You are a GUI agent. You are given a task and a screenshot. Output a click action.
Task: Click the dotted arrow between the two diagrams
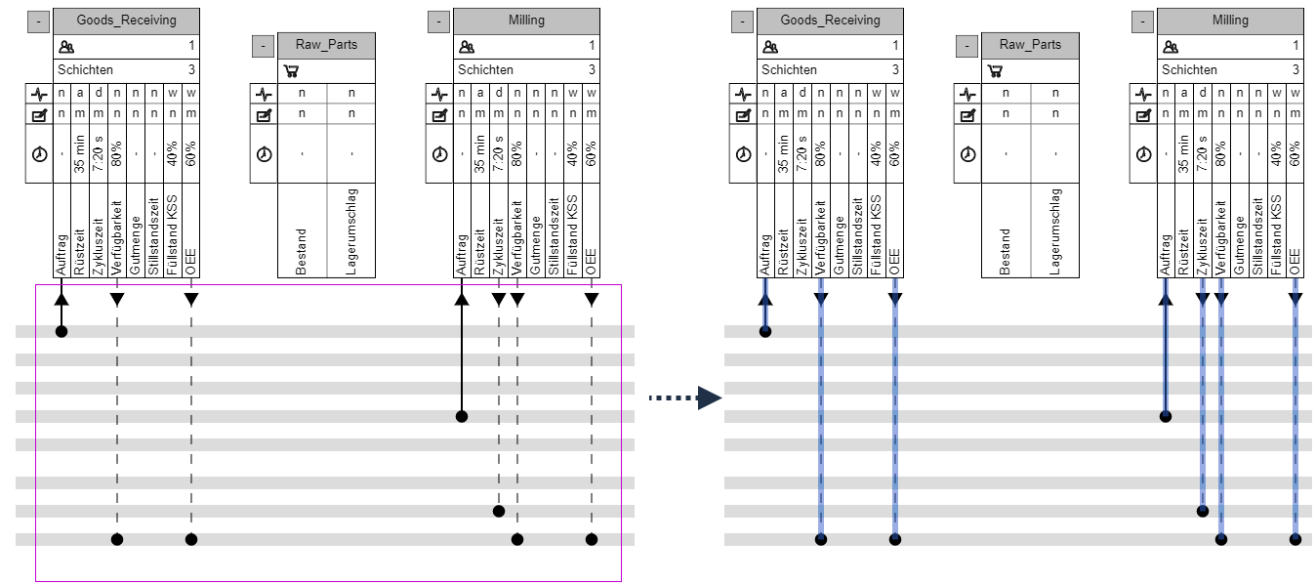coord(684,397)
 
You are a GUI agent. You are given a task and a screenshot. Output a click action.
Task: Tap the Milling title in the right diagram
coord(1230,20)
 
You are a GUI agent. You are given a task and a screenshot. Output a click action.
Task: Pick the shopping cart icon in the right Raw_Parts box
coord(994,70)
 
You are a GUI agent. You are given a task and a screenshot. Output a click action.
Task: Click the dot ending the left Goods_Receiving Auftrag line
coord(62,332)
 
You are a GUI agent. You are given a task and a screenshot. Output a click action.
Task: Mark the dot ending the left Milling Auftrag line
coord(462,417)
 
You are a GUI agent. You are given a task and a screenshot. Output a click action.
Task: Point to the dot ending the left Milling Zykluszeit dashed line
coord(499,511)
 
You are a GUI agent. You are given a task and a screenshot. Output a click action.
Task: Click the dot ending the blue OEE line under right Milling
coord(1295,539)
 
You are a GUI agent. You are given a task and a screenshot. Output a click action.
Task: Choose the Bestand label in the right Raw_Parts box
coord(1006,251)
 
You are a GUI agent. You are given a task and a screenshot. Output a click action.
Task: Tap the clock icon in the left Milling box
coord(439,153)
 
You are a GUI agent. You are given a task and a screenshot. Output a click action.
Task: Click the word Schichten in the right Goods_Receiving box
coord(789,70)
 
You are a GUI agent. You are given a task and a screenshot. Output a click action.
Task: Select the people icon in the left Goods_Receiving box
coord(66,45)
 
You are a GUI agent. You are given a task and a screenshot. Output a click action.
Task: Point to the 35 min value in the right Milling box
coord(1184,154)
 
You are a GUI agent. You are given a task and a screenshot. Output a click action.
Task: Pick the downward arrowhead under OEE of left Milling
coord(592,300)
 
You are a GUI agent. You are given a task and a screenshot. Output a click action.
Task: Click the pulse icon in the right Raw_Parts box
coord(967,95)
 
